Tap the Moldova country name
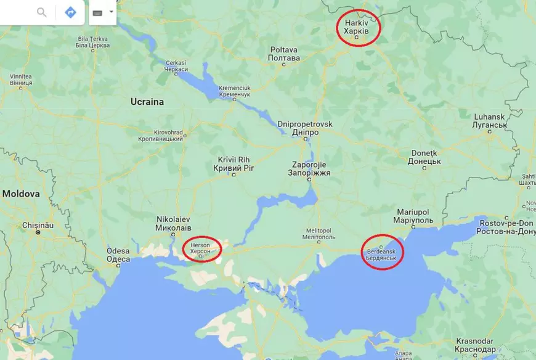(x=20, y=194)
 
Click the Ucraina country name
(x=147, y=102)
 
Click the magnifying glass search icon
(x=41, y=12)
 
